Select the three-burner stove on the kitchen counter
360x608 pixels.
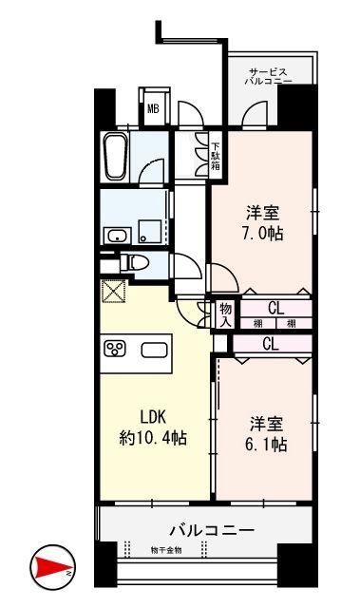tap(116, 349)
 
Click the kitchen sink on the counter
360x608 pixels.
tap(154, 349)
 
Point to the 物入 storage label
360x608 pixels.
tap(226, 314)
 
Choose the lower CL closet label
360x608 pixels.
tap(270, 343)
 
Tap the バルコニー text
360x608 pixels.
tap(212, 528)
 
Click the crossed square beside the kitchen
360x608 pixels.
tap(113, 293)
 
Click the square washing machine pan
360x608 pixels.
tap(148, 229)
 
